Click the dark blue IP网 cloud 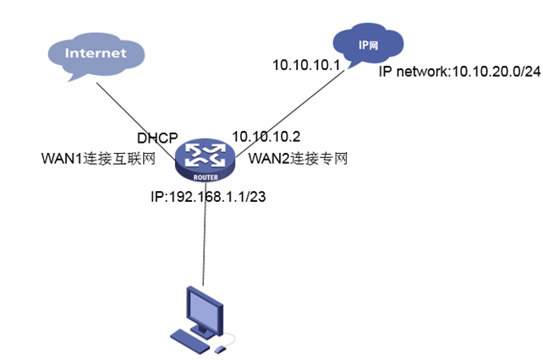(x=367, y=42)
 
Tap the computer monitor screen (x=204, y=305)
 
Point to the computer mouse (x=221, y=347)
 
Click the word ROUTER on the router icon (x=205, y=172)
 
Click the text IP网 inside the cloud (x=367, y=41)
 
